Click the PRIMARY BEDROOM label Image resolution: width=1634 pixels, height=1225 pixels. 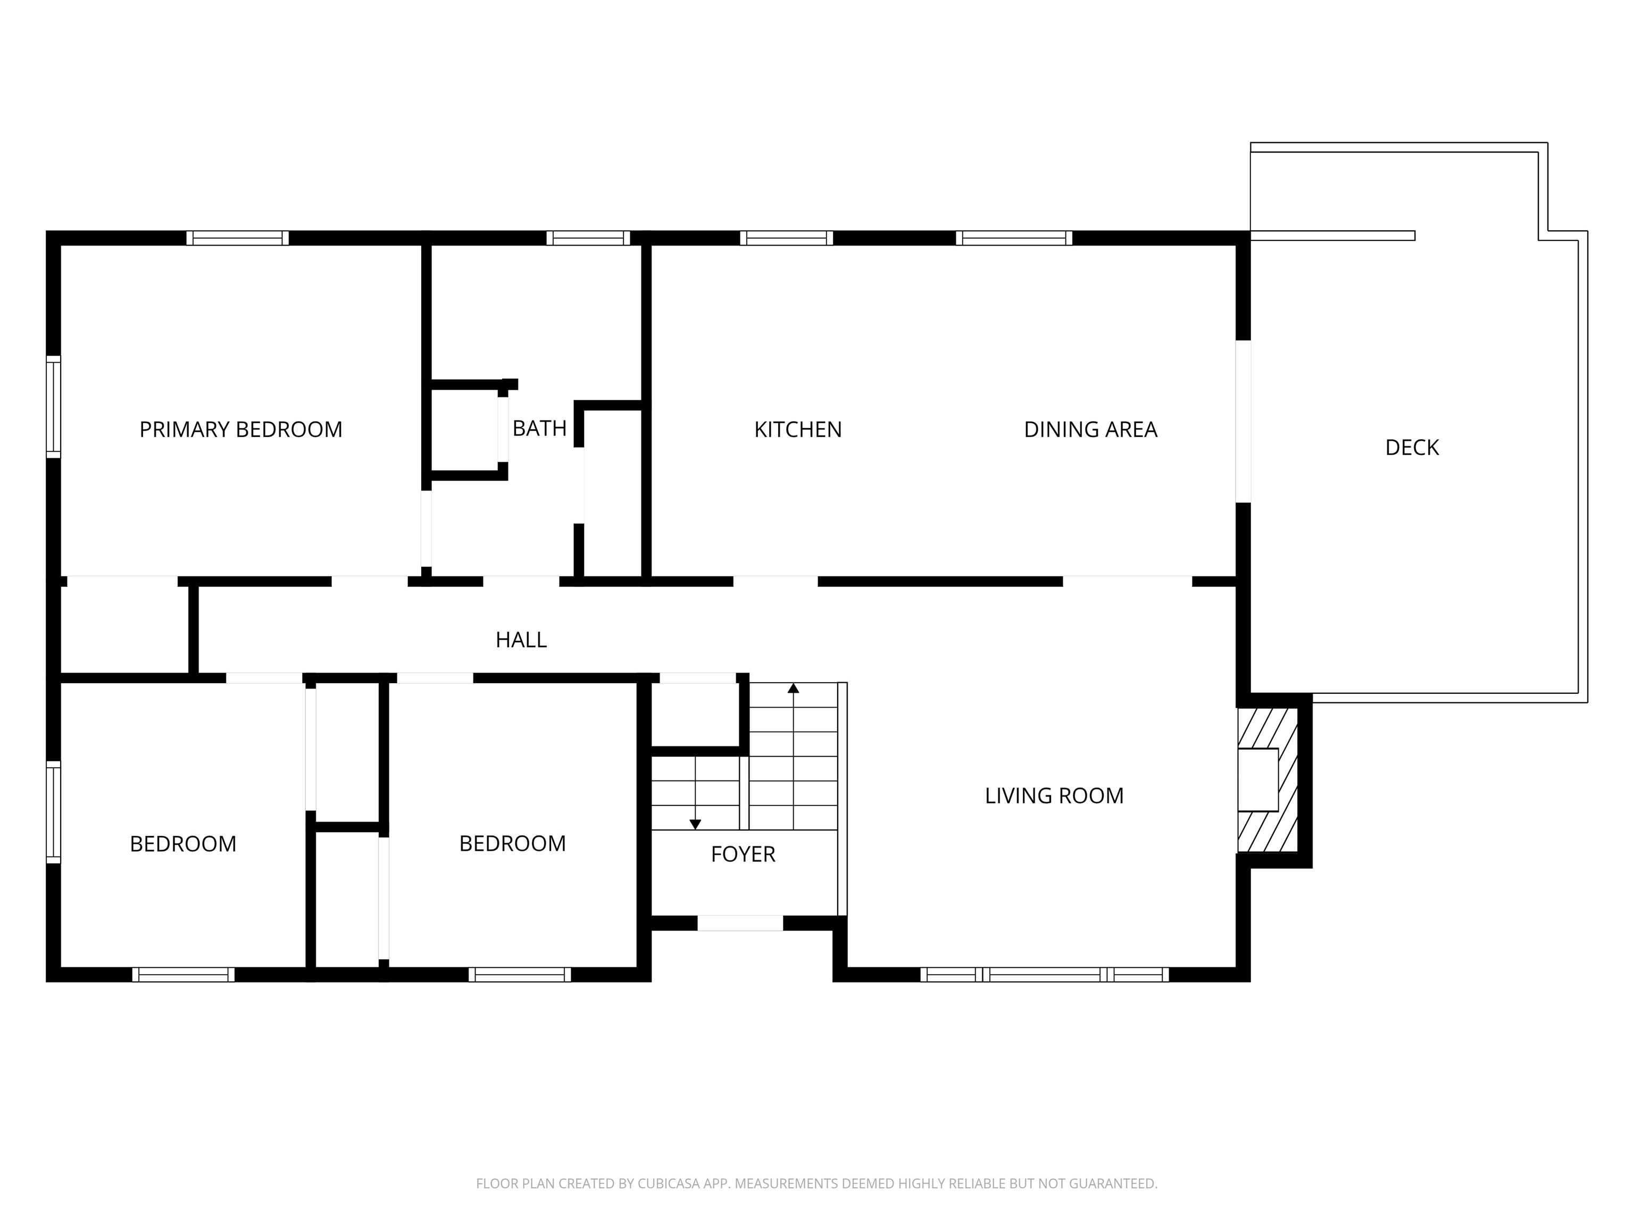click(241, 430)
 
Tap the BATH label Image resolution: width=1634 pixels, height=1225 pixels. click(539, 428)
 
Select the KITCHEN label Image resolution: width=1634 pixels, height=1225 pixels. click(798, 430)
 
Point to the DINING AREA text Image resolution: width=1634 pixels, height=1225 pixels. click(1090, 430)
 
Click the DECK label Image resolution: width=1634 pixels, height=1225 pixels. click(1412, 448)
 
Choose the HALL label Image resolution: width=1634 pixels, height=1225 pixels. click(521, 640)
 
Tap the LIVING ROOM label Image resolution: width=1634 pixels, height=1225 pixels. click(1054, 796)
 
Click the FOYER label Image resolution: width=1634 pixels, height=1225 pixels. click(743, 854)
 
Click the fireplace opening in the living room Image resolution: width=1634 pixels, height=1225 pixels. click(1257, 780)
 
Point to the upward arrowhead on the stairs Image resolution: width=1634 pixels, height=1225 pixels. click(794, 688)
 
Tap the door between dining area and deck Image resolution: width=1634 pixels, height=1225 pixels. click(1243, 421)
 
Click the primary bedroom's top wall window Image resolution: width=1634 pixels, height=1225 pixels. click(237, 238)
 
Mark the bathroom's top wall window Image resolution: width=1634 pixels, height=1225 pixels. click(588, 238)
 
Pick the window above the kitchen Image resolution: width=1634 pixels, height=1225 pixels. click(786, 238)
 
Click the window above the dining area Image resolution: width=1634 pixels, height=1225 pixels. click(1013, 238)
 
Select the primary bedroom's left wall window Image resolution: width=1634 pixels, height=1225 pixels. click(53, 407)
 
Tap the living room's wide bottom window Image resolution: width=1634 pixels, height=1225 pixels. click(1045, 975)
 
